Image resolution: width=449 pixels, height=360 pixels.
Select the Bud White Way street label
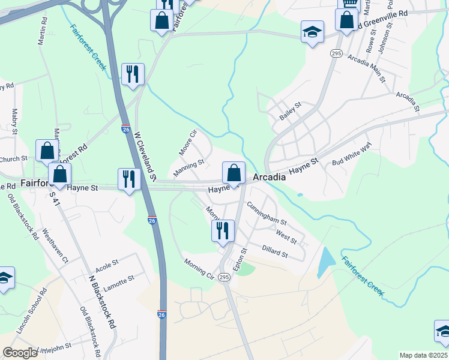point(352,154)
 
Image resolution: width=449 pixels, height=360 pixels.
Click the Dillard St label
point(275,251)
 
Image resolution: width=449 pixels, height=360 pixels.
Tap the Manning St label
point(189,169)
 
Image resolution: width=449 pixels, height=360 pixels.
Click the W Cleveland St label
point(145,157)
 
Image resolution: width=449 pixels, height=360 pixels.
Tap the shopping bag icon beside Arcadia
point(234,173)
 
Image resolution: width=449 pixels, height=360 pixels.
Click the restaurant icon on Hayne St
point(129,179)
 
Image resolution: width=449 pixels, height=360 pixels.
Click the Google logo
point(20,353)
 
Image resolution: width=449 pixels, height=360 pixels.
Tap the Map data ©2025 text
point(424,355)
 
